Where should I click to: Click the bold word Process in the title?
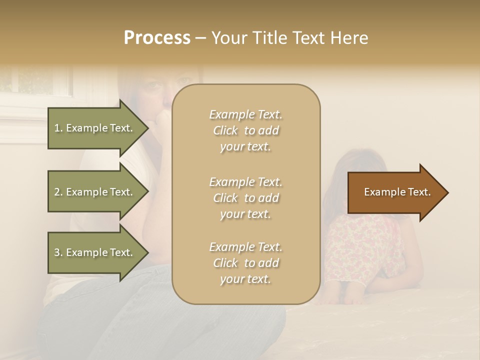pyautogui.click(x=157, y=38)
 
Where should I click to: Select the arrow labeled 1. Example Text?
pyautogui.click(x=95, y=128)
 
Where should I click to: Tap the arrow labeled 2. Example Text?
pyautogui.click(x=95, y=192)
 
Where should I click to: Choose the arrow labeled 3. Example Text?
pyautogui.click(x=95, y=252)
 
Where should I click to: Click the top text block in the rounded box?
pyautogui.click(x=245, y=130)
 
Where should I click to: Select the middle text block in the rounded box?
pyautogui.click(x=245, y=197)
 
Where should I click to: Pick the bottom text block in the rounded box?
pyautogui.click(x=245, y=263)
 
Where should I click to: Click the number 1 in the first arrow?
pyautogui.click(x=57, y=128)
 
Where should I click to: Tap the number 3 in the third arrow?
pyautogui.click(x=57, y=252)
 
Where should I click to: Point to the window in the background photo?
pyautogui.click(x=35, y=82)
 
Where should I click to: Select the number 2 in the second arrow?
pyautogui.click(x=57, y=192)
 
